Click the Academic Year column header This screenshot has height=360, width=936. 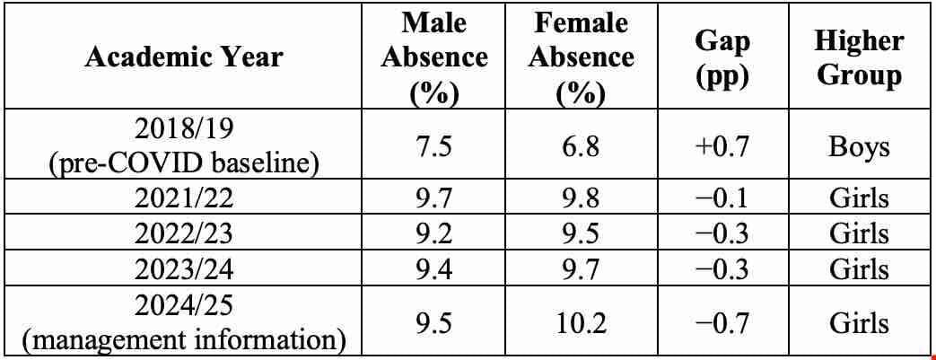point(184,57)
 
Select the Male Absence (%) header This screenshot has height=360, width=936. point(434,57)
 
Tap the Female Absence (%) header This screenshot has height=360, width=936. point(581,57)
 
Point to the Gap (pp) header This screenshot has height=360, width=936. point(723,57)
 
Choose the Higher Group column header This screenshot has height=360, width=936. point(859,57)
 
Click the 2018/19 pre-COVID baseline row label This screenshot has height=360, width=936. point(184,145)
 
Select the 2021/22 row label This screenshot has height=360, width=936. point(184,197)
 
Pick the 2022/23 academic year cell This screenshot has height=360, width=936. point(184,233)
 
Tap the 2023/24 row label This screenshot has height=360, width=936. point(184,268)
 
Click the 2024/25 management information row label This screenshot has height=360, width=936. point(184,322)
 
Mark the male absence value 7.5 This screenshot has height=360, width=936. point(434,145)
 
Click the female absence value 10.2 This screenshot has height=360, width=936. point(581,322)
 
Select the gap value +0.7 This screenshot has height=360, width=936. point(723,145)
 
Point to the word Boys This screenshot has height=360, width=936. point(859,145)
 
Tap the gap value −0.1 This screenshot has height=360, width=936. point(723,197)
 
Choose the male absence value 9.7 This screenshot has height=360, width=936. point(434,197)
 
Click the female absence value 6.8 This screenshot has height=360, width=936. point(581,145)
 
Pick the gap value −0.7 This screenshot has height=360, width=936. point(723,322)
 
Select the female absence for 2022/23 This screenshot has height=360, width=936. point(581,233)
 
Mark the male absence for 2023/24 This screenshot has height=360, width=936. point(434,268)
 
